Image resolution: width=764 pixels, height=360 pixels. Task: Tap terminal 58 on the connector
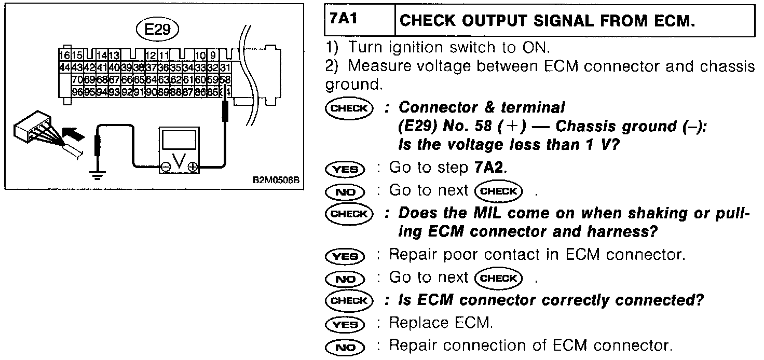tap(225, 79)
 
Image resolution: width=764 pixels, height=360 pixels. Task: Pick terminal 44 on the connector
tap(64, 67)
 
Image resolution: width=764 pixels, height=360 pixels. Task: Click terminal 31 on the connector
tap(225, 67)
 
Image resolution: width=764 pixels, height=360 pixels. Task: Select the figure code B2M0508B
tap(276, 181)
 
